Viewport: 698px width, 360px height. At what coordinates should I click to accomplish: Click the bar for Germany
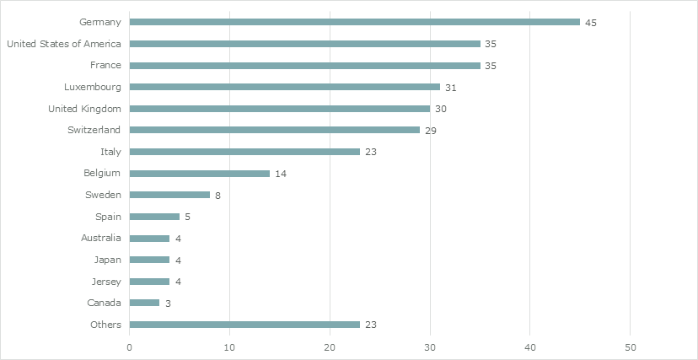tap(354, 22)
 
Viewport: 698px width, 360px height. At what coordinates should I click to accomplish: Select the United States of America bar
tap(304, 44)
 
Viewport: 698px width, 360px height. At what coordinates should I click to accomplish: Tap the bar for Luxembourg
tap(284, 87)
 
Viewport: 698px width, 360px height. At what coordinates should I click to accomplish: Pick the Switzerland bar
tap(274, 130)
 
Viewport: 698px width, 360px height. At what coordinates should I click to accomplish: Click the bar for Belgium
tap(199, 174)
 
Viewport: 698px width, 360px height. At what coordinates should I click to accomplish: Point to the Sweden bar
tap(169, 195)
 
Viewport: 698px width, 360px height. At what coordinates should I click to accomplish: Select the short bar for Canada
tap(144, 303)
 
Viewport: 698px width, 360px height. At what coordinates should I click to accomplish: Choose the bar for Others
tap(244, 325)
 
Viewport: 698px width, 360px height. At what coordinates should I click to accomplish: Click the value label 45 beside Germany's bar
tap(591, 23)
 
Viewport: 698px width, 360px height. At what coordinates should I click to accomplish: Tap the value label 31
tap(451, 88)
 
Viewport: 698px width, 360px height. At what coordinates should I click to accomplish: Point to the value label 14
tap(281, 174)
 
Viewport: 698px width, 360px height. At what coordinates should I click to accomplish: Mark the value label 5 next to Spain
tap(187, 218)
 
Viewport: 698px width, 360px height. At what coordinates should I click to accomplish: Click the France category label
tap(105, 65)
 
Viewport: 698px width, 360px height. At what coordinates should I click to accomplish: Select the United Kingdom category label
tap(84, 109)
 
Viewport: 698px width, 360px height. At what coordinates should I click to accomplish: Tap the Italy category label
tap(110, 152)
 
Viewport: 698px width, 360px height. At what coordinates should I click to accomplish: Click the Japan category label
tap(107, 260)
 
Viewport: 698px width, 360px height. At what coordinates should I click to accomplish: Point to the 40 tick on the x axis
tap(530, 347)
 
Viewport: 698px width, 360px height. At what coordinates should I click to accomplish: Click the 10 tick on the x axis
tap(229, 347)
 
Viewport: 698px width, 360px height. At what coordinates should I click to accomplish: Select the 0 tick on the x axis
tap(130, 347)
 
